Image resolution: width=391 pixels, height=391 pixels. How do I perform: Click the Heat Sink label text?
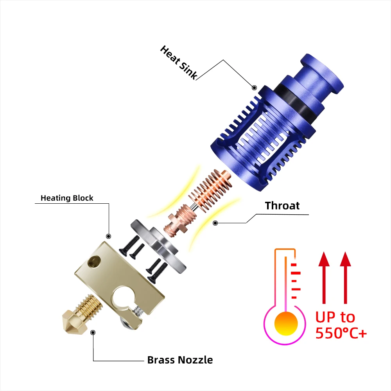pyautogui.click(x=178, y=63)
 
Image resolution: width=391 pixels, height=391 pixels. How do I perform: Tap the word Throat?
pyautogui.click(x=282, y=206)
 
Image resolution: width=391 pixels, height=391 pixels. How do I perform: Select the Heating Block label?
pyautogui.click(x=67, y=198)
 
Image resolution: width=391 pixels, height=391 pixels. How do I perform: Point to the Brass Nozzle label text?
pyautogui.click(x=180, y=360)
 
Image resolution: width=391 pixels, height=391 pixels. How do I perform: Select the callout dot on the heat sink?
pyautogui.click(x=254, y=88)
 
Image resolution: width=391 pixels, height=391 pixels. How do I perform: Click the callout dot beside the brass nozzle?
pyautogui.click(x=93, y=333)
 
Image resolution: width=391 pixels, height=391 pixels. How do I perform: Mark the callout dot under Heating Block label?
pyautogui.click(x=109, y=237)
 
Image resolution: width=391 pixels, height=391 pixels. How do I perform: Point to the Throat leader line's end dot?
pyautogui.click(x=215, y=223)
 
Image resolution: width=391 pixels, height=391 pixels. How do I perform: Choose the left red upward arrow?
pyautogui.click(x=323, y=278)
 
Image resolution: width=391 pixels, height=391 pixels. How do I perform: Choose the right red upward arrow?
pyautogui.click(x=345, y=278)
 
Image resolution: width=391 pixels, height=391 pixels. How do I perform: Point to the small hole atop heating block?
pyautogui.click(x=95, y=260)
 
